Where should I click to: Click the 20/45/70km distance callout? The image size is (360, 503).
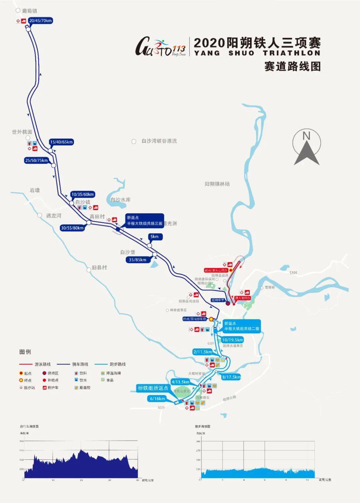(x=41, y=21)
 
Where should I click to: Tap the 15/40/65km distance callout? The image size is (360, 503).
(x=61, y=142)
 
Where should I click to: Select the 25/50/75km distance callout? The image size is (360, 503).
(x=37, y=160)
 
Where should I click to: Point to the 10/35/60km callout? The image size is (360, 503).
(x=83, y=194)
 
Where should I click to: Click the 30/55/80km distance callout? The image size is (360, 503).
(x=72, y=228)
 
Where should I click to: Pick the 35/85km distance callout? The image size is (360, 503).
(x=137, y=260)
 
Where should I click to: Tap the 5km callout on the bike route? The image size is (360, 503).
(x=155, y=237)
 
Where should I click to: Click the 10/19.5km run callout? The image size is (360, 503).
(x=232, y=340)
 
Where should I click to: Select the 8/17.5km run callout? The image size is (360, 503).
(x=231, y=377)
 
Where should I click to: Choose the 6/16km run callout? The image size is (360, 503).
(x=157, y=399)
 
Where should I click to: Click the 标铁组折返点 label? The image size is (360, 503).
(x=153, y=388)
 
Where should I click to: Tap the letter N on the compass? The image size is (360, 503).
(x=306, y=136)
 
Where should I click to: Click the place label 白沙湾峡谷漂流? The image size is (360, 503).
(x=159, y=141)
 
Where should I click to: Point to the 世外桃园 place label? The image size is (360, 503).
(x=22, y=132)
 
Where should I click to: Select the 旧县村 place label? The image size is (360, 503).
(x=99, y=267)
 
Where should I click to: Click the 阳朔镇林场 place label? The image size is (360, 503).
(x=217, y=184)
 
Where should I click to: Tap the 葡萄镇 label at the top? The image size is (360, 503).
(x=29, y=11)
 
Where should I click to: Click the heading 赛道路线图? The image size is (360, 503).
(x=292, y=66)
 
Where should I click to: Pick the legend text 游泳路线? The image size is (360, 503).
(x=43, y=364)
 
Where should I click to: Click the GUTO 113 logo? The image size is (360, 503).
(x=160, y=47)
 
